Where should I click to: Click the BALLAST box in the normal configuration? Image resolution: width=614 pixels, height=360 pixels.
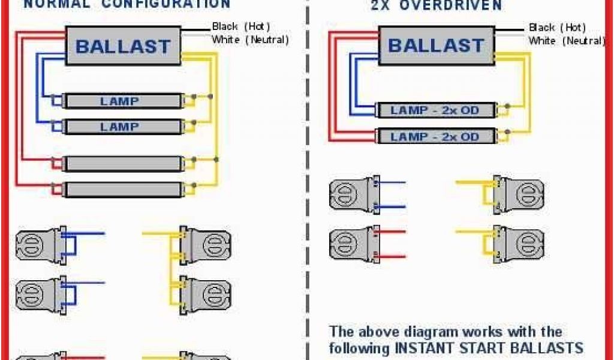tap(123, 46)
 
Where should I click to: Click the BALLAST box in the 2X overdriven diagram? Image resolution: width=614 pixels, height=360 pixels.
tap(436, 45)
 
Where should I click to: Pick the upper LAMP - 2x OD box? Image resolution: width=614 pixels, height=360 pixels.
tap(435, 110)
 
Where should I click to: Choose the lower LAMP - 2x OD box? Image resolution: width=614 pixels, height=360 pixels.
tap(435, 137)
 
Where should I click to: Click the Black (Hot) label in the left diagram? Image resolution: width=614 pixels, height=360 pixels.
tap(241, 26)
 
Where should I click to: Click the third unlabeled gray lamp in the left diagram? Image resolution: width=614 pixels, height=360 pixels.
tap(122, 163)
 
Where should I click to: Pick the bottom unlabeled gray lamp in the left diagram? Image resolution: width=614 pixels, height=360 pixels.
tap(122, 190)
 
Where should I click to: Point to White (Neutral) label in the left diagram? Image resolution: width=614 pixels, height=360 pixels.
tap(250, 40)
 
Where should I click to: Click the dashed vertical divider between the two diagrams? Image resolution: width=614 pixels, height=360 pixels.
tap(308, 180)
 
